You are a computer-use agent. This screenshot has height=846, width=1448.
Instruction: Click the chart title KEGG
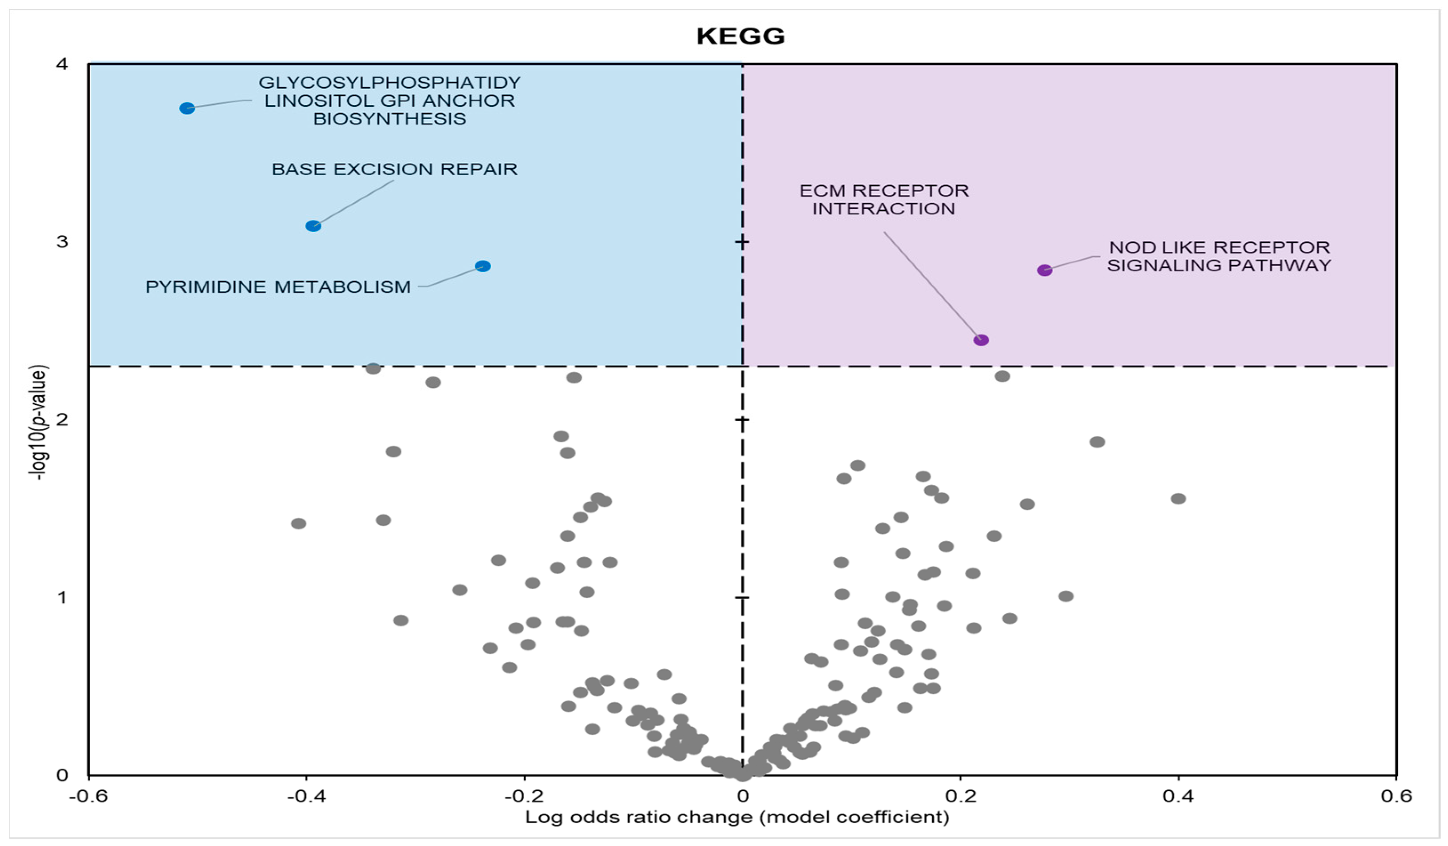pyautogui.click(x=740, y=36)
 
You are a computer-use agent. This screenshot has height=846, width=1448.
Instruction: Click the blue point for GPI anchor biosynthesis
pyautogui.click(x=187, y=108)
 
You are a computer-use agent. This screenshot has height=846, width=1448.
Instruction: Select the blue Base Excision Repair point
pyautogui.click(x=313, y=226)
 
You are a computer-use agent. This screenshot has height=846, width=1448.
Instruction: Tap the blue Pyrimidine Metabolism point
pyautogui.click(x=483, y=266)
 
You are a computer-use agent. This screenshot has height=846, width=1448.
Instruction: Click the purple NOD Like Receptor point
pyautogui.click(x=1045, y=270)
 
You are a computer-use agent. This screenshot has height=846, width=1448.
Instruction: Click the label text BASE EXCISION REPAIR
pyautogui.click(x=394, y=169)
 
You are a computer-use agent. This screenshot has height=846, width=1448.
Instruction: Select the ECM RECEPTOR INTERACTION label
pyautogui.click(x=884, y=199)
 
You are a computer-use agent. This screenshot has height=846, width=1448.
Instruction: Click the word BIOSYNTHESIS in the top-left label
pyautogui.click(x=389, y=119)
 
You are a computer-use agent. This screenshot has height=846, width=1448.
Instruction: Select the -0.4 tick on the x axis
pyautogui.click(x=306, y=796)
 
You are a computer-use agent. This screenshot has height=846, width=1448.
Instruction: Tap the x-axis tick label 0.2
pyautogui.click(x=960, y=796)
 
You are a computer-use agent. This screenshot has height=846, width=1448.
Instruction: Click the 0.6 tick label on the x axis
pyautogui.click(x=1396, y=796)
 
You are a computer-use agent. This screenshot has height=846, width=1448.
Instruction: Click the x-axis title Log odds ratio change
pyautogui.click(x=737, y=817)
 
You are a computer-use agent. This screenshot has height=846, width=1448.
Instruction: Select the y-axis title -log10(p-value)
pyautogui.click(x=39, y=423)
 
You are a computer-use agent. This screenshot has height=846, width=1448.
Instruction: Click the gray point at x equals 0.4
pyautogui.click(x=1178, y=498)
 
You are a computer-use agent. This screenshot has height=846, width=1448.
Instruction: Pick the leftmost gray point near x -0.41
pyautogui.click(x=298, y=523)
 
